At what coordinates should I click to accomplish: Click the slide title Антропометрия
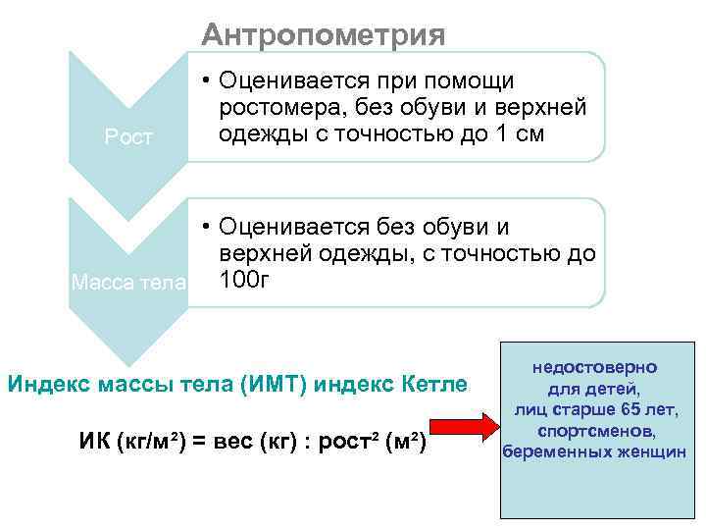(x=324, y=35)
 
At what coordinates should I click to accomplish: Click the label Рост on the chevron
(x=129, y=137)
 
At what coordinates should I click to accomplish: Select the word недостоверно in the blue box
(x=595, y=367)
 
